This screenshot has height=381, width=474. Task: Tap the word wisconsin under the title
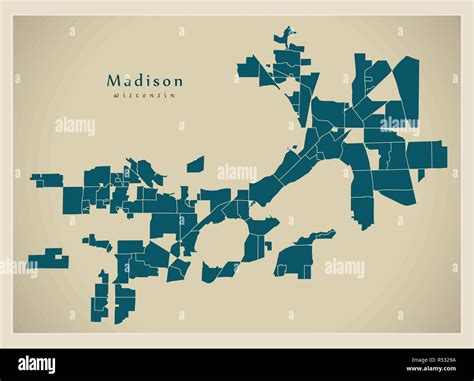(145, 95)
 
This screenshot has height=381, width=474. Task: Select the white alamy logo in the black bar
(39, 365)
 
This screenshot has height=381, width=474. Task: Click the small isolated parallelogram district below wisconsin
(195, 164)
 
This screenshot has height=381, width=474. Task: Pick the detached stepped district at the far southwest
(48, 259)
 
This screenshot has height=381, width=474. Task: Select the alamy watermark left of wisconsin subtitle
(75, 126)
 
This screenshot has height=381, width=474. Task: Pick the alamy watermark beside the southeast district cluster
(344, 268)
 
